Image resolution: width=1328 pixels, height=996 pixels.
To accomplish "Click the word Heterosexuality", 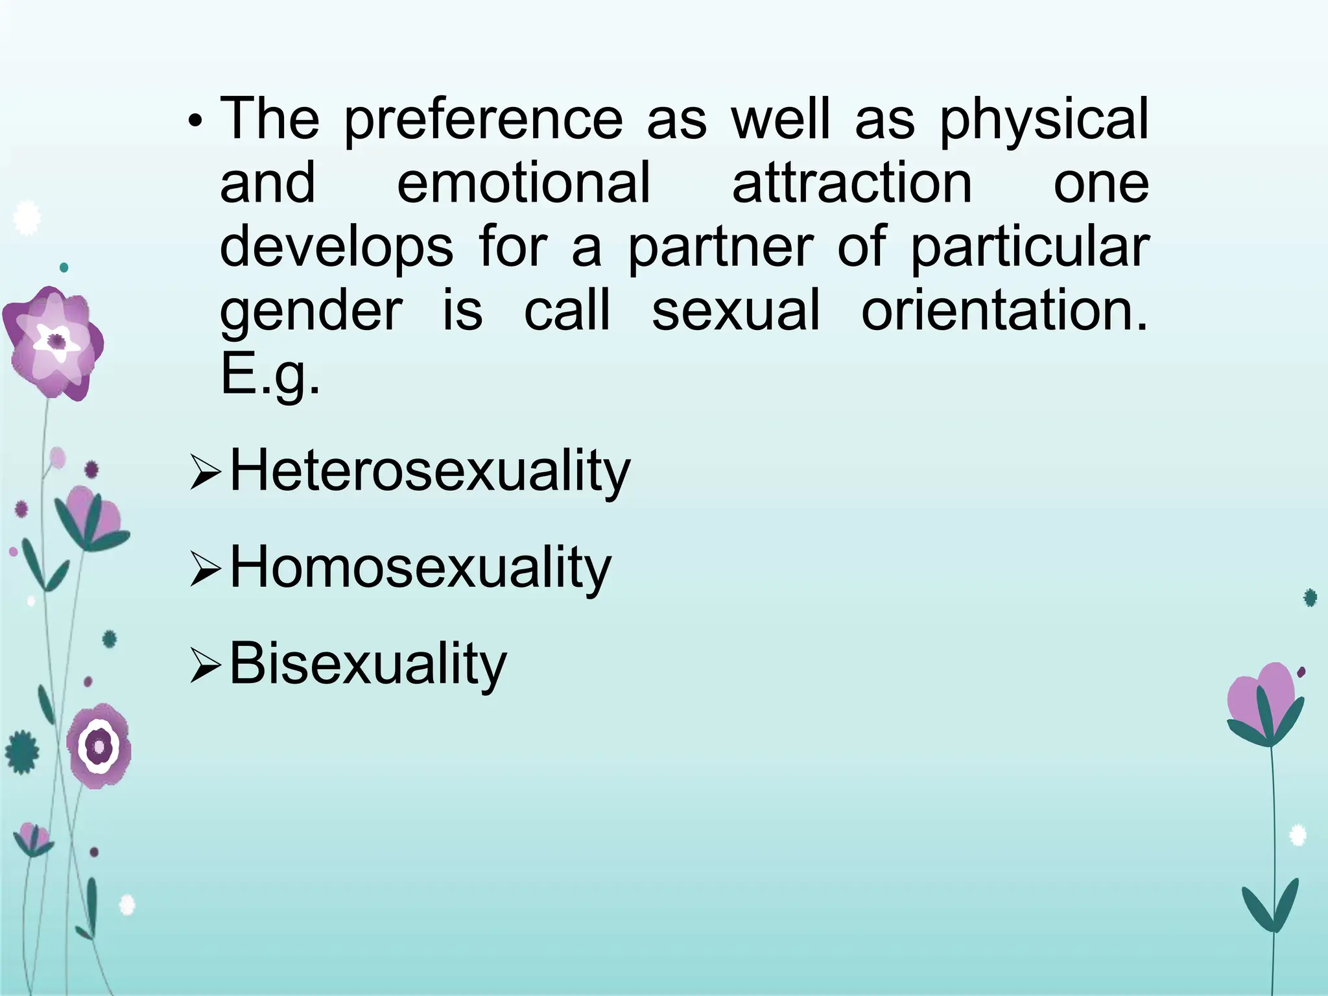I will [430, 471].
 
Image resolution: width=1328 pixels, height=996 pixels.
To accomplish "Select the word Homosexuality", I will [420, 568].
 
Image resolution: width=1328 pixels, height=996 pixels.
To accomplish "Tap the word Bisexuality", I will [368, 664].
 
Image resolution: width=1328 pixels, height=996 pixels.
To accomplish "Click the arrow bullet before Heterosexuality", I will [206, 476].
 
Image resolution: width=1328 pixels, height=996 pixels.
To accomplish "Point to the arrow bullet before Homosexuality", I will [206, 573].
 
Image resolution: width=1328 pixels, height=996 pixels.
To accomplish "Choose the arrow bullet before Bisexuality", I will [206, 669].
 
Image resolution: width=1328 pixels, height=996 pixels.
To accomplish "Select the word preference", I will [482, 121].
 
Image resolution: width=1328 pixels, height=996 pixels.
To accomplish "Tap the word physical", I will [1044, 121].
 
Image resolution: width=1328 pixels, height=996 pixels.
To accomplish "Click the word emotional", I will [523, 183].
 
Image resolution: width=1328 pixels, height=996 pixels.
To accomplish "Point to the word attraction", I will [852, 183].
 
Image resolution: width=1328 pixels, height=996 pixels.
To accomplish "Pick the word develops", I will [337, 248].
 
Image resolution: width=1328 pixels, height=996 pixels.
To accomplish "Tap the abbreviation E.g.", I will [270, 376].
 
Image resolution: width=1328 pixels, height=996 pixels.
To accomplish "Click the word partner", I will [720, 248].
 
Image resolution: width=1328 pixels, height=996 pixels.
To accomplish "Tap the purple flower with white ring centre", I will [99, 746].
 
